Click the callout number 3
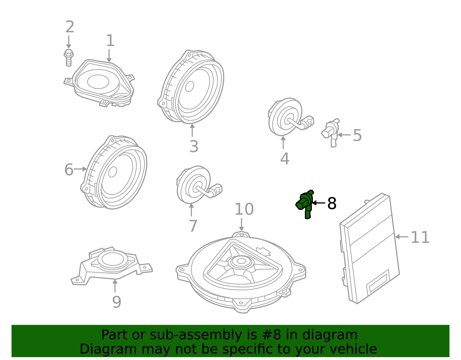tap(194, 147)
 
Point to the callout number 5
tap(357, 135)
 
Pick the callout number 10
tap(244, 209)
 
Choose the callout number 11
tap(420, 238)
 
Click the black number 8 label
tap(332, 203)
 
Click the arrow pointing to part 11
tap(402, 237)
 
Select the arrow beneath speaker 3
tap(192, 130)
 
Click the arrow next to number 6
tap(80, 169)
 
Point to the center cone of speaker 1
tap(98, 82)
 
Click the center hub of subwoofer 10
tap(241, 261)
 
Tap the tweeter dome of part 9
tap(113, 259)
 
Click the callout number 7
tap(193, 226)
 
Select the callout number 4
tap(284, 159)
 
